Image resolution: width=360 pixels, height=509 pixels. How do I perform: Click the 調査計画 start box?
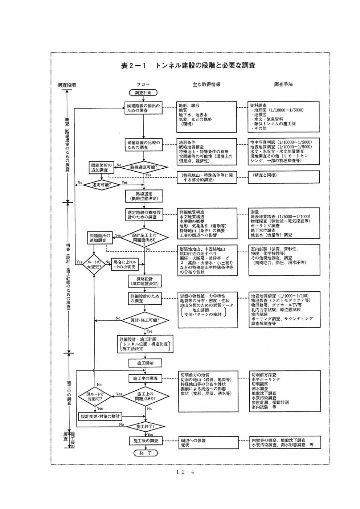click(143, 93)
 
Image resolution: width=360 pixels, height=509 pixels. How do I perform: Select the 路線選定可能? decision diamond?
click(144, 168)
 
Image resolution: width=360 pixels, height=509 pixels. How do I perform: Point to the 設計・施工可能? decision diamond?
click(145, 320)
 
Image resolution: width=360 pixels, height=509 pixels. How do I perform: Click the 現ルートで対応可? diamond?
click(94, 396)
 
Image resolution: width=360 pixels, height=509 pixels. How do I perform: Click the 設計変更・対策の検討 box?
click(100, 416)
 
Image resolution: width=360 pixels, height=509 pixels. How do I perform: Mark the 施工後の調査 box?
click(144, 441)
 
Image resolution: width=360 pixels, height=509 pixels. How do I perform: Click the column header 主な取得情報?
click(206, 84)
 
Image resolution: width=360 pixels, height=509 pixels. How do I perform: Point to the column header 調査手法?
click(283, 84)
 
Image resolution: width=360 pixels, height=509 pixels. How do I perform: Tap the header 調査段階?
click(67, 85)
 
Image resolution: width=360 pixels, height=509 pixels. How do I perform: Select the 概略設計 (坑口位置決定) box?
click(144, 281)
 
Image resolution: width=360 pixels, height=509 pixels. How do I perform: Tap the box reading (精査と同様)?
click(284, 176)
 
